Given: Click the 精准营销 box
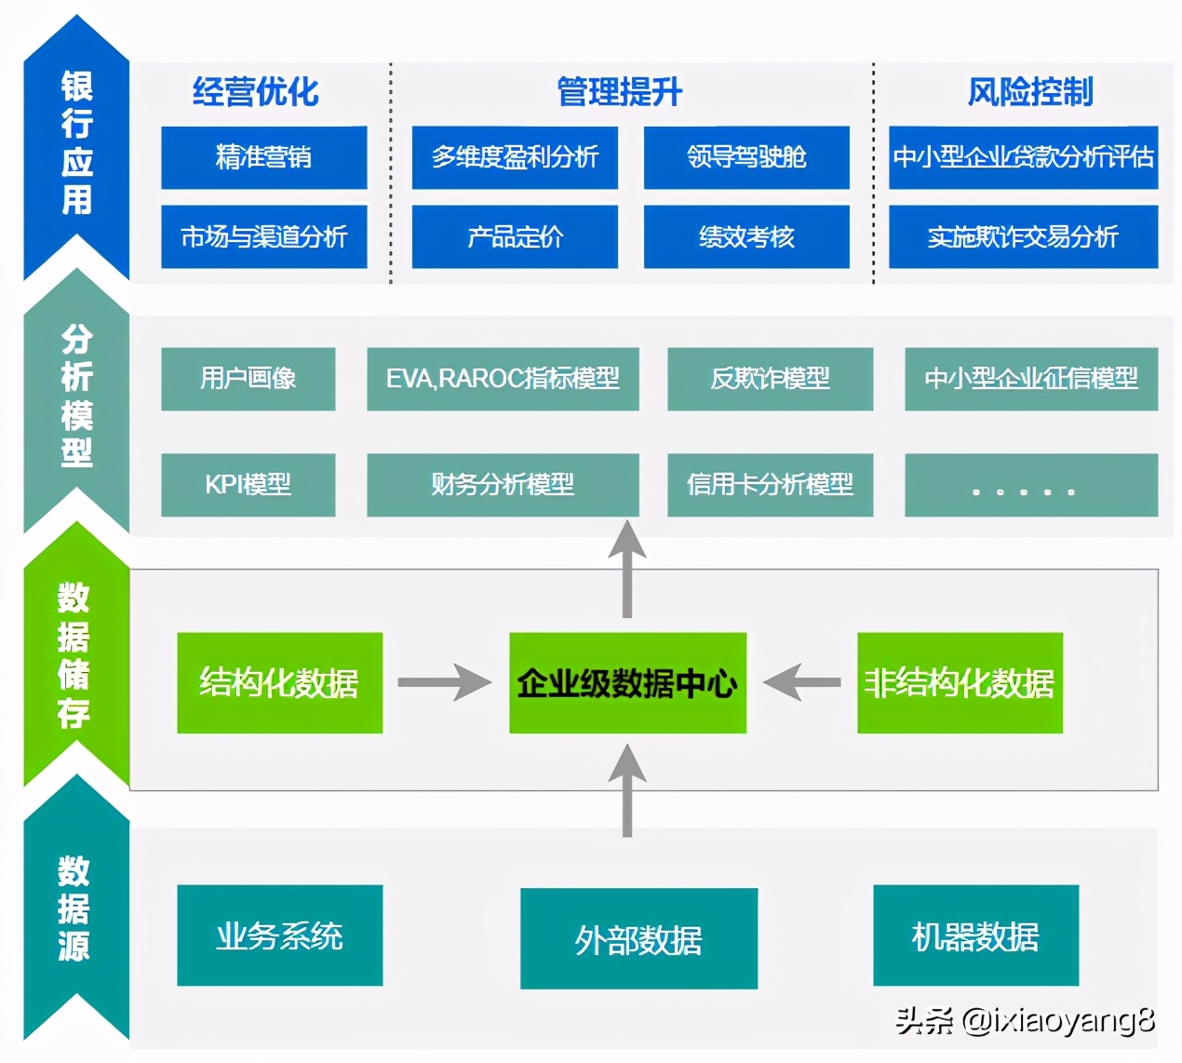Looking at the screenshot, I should [x=263, y=157].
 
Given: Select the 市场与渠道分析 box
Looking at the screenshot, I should [x=263, y=236].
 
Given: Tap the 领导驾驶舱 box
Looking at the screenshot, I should [x=746, y=157].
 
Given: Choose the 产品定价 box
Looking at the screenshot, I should [x=515, y=236].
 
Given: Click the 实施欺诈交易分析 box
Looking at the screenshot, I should [x=1023, y=236].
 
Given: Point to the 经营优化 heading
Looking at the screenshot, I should [x=255, y=92].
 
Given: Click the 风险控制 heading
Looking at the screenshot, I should [x=1029, y=92].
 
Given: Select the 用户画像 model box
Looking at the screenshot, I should [x=248, y=379].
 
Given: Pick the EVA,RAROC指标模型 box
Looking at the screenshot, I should [x=503, y=379].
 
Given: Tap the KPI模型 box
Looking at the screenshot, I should [x=248, y=485].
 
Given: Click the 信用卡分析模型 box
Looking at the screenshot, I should [x=770, y=485].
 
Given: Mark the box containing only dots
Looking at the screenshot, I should [x=1030, y=485].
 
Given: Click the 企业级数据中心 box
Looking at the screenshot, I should [x=627, y=683].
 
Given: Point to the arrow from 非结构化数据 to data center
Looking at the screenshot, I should [x=802, y=682].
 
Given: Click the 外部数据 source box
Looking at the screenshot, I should [x=638, y=938].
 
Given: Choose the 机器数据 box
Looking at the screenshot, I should [x=975, y=935].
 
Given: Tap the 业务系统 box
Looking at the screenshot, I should [x=279, y=935].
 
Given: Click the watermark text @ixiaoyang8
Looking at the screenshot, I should [x=1057, y=1021].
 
